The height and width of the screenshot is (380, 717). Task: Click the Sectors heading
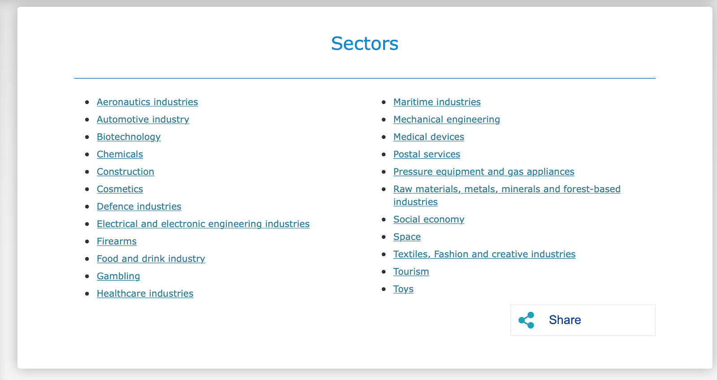click(x=365, y=43)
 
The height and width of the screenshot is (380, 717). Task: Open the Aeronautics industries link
click(x=147, y=102)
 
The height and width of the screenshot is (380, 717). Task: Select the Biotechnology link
click(x=129, y=137)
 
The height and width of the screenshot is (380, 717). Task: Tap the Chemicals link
click(x=120, y=154)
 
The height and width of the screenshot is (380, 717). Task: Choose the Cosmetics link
click(x=120, y=189)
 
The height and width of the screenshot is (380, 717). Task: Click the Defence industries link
click(x=139, y=207)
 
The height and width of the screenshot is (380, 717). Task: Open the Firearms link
click(x=117, y=242)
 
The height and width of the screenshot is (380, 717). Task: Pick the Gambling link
click(x=118, y=276)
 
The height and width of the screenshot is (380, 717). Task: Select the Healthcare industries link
click(x=145, y=294)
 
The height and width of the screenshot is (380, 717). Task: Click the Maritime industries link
click(x=437, y=102)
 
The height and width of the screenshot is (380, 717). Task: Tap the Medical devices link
click(x=428, y=137)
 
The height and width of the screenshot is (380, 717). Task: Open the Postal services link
click(x=427, y=154)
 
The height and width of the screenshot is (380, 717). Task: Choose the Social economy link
click(x=428, y=219)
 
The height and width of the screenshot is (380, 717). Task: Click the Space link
click(x=407, y=237)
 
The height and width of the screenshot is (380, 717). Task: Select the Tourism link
click(x=411, y=272)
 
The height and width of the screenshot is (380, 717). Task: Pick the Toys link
click(x=403, y=289)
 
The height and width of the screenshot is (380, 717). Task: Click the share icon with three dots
click(x=527, y=320)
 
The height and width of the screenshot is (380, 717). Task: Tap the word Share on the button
click(x=565, y=320)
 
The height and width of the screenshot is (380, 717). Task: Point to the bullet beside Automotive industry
click(x=87, y=120)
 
